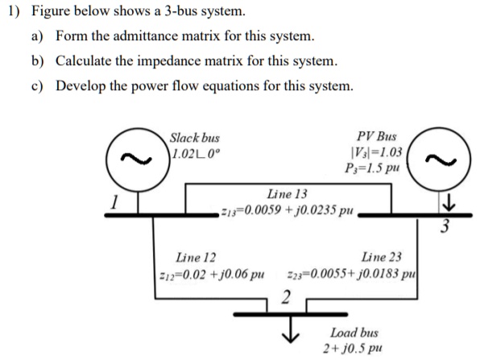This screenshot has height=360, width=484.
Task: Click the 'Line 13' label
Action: point(288,195)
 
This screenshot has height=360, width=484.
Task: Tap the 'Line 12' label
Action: point(196,258)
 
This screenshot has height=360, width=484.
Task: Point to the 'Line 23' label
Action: point(383,258)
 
